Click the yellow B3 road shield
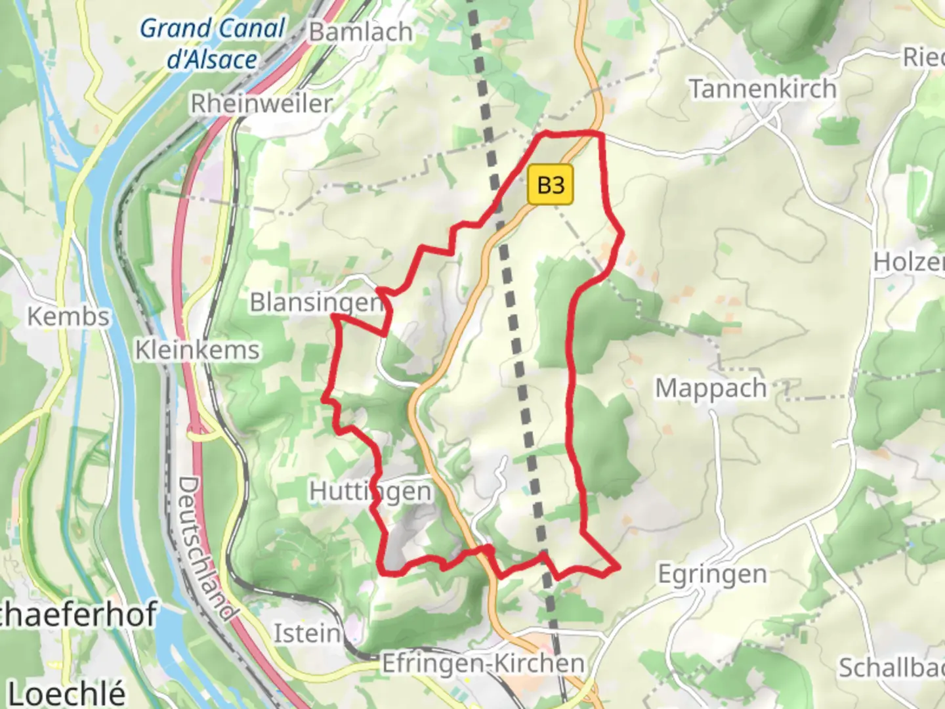(550, 185)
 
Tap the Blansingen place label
(316, 303)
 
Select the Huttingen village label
(370, 491)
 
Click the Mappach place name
(711, 388)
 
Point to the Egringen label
(712, 574)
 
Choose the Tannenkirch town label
(763, 89)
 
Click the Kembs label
(68, 316)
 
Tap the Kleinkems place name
(198, 350)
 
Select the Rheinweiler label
(261, 104)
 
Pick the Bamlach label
(360, 32)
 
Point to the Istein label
(306, 634)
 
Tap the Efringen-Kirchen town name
(483, 664)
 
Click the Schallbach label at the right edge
(891, 668)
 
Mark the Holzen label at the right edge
(908, 262)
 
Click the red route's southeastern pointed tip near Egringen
(618, 567)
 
